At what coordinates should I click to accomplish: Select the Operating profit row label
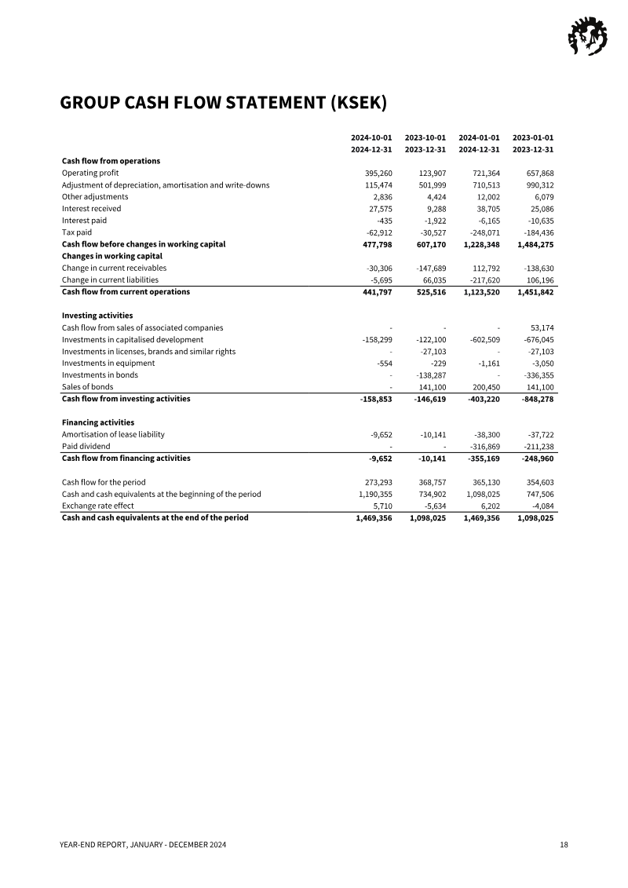(90, 173)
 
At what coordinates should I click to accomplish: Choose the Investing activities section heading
(97, 316)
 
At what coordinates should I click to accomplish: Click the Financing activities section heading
(98, 422)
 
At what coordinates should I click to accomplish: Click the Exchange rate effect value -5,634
(433, 506)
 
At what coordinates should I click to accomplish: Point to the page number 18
(564, 845)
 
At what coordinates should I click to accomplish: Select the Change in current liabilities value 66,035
(432, 280)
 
